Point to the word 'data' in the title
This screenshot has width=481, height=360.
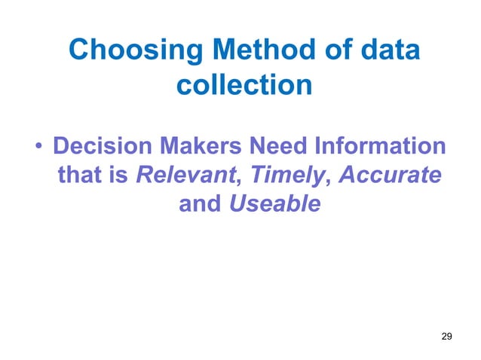(389, 52)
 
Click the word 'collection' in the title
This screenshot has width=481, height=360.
(244, 85)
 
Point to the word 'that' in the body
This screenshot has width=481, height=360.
(78, 175)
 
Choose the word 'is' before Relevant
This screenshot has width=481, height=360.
(118, 175)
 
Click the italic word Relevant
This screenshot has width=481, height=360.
(185, 175)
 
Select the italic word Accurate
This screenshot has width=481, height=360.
(390, 175)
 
